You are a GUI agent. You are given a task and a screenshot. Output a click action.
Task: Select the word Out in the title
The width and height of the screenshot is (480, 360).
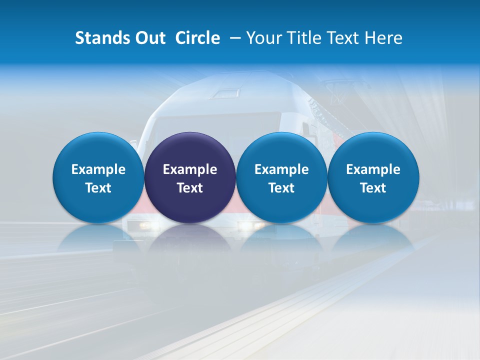pyautogui.click(x=148, y=38)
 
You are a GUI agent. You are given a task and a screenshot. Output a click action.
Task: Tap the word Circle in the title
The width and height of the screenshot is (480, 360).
pyautogui.click(x=197, y=38)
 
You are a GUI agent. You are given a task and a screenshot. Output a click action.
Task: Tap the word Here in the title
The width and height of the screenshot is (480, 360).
pyautogui.click(x=383, y=38)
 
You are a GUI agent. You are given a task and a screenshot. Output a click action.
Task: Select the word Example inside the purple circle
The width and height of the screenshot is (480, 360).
pyautogui.click(x=190, y=169)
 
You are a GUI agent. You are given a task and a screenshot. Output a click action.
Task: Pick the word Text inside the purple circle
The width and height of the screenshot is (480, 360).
pyautogui.click(x=190, y=188)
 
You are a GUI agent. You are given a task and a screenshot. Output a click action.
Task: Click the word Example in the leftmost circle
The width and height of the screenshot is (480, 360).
pyautogui.click(x=98, y=169)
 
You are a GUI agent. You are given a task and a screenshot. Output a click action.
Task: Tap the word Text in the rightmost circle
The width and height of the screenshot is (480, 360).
pyautogui.click(x=373, y=188)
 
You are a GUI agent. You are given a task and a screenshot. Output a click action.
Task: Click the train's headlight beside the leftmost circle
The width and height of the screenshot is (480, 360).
pyautogui.click(x=144, y=225)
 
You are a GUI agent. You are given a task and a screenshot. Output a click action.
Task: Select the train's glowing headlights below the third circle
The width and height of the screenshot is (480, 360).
pyautogui.click(x=252, y=226)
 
